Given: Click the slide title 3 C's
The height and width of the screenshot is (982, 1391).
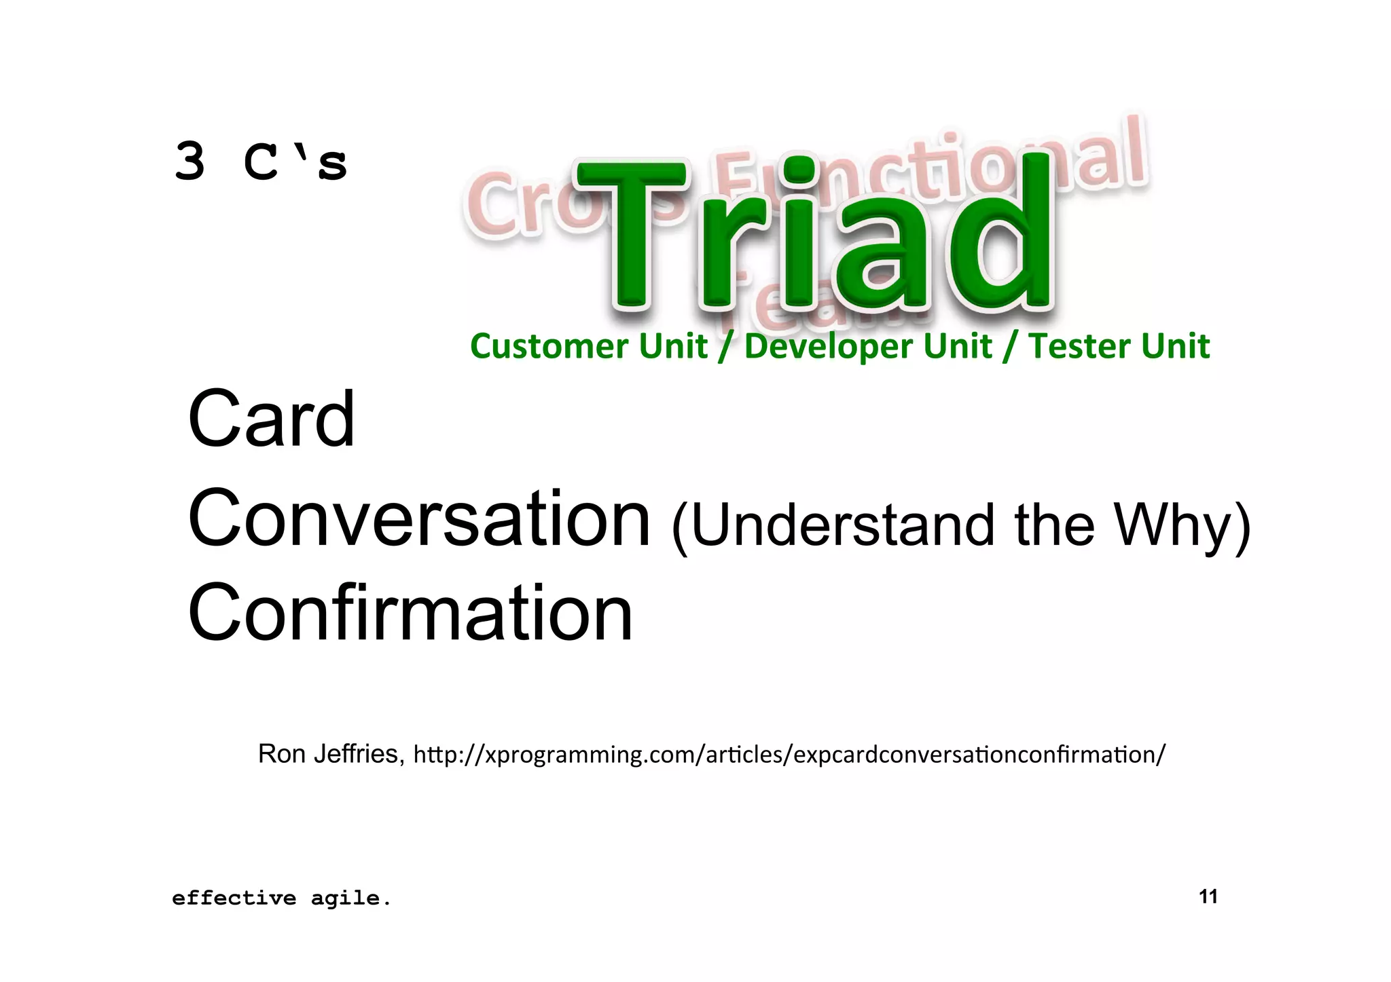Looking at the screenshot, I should coord(261,163).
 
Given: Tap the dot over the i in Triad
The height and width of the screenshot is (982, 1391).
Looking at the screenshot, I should coord(799,170).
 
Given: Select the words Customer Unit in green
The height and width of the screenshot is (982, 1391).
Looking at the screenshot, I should coord(588,346).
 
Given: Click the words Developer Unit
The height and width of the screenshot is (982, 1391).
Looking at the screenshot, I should coord(867,346).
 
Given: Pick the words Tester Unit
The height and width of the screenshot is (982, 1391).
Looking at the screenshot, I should coord(1119,346).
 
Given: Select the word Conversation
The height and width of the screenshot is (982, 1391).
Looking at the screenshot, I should coord(419,519).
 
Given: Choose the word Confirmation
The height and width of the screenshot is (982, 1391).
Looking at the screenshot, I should coord(410,613).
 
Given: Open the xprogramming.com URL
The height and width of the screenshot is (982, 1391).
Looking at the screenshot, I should coord(789,755).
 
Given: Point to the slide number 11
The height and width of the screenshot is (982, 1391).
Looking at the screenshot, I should coord(1208,896).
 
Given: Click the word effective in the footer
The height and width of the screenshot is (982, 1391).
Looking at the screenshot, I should coord(234,899).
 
